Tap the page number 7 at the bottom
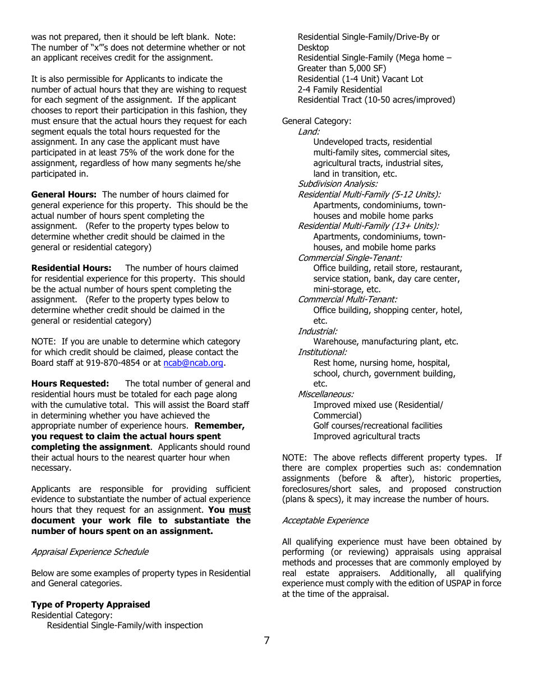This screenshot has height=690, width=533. click(x=266, y=641)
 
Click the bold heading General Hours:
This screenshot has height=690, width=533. click(x=64, y=195)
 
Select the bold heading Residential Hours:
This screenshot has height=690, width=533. click(x=71, y=268)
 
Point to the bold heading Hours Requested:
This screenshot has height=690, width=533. click(x=70, y=384)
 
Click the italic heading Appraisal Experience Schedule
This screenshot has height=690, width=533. click(x=90, y=552)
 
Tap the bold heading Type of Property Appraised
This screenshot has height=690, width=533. click(x=90, y=605)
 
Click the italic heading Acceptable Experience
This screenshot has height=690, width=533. click(x=325, y=521)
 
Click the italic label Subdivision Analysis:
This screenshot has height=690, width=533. click(x=338, y=184)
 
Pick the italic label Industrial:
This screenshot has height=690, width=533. click(x=318, y=332)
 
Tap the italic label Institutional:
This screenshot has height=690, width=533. click(x=322, y=352)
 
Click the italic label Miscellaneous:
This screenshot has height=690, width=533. click(x=325, y=394)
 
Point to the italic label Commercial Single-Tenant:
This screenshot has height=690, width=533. click(x=350, y=258)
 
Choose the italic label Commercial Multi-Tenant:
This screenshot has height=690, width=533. click(x=347, y=300)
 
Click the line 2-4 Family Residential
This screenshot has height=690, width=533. click(x=339, y=90)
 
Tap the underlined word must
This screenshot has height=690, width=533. click(x=240, y=510)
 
